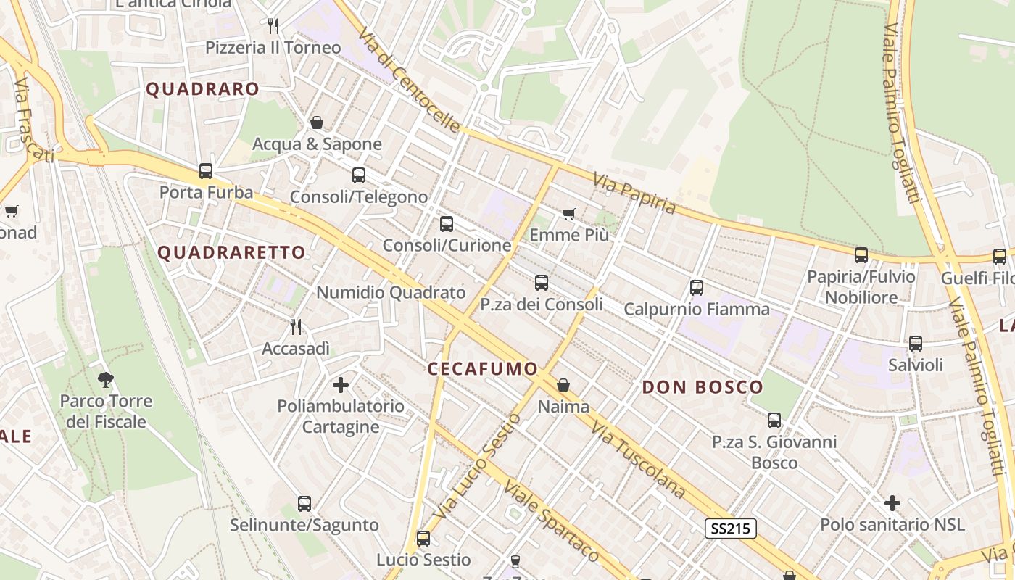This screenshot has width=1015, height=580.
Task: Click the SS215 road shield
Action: [x=731, y=529]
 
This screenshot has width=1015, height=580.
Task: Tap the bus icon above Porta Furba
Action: [x=206, y=171]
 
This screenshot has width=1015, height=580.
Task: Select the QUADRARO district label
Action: [x=202, y=89]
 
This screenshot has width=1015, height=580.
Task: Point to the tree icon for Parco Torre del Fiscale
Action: [x=106, y=379]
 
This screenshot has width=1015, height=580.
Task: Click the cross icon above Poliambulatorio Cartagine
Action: [x=341, y=384]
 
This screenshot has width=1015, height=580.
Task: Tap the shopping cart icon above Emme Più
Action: [x=569, y=214]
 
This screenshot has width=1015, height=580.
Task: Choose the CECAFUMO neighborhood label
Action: [x=482, y=369]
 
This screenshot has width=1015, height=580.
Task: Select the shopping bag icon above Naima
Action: [x=563, y=385]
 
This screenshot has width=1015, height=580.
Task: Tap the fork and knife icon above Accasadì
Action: [x=296, y=327]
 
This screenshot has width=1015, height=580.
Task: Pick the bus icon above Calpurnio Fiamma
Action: [x=697, y=288]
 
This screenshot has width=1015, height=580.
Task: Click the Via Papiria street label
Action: [x=634, y=194]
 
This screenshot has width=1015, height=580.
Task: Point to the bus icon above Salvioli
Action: [x=916, y=344]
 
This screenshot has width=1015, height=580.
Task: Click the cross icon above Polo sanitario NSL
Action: [x=892, y=502]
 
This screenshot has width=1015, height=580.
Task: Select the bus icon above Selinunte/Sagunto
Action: [x=304, y=503]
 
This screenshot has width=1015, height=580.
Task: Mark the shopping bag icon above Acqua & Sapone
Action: [x=317, y=123]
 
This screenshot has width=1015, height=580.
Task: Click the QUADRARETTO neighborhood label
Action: [x=231, y=252]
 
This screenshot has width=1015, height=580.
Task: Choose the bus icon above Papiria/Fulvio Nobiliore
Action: [x=861, y=255]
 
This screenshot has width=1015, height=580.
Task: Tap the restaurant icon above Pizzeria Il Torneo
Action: [x=273, y=26]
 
